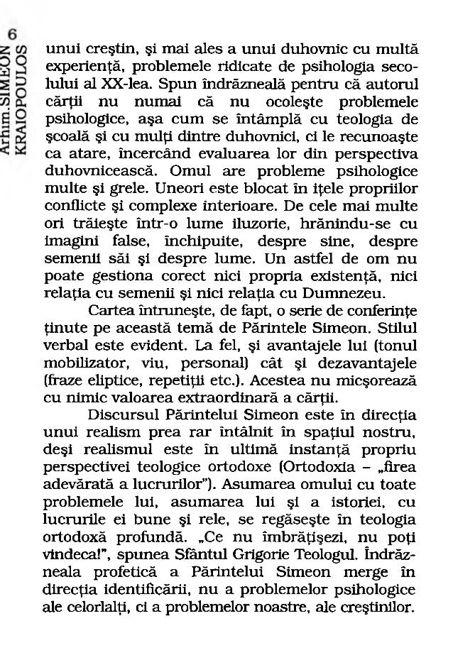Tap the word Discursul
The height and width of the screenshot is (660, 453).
point(121,415)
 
